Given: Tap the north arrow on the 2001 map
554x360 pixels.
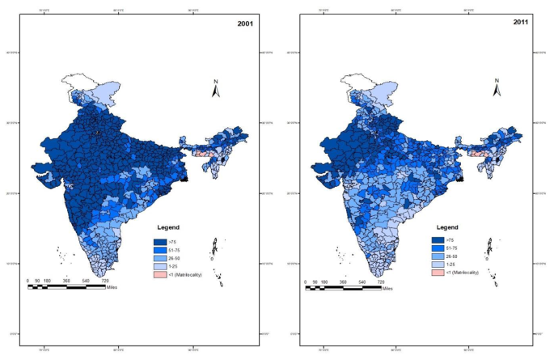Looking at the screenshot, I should (x=216, y=89).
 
